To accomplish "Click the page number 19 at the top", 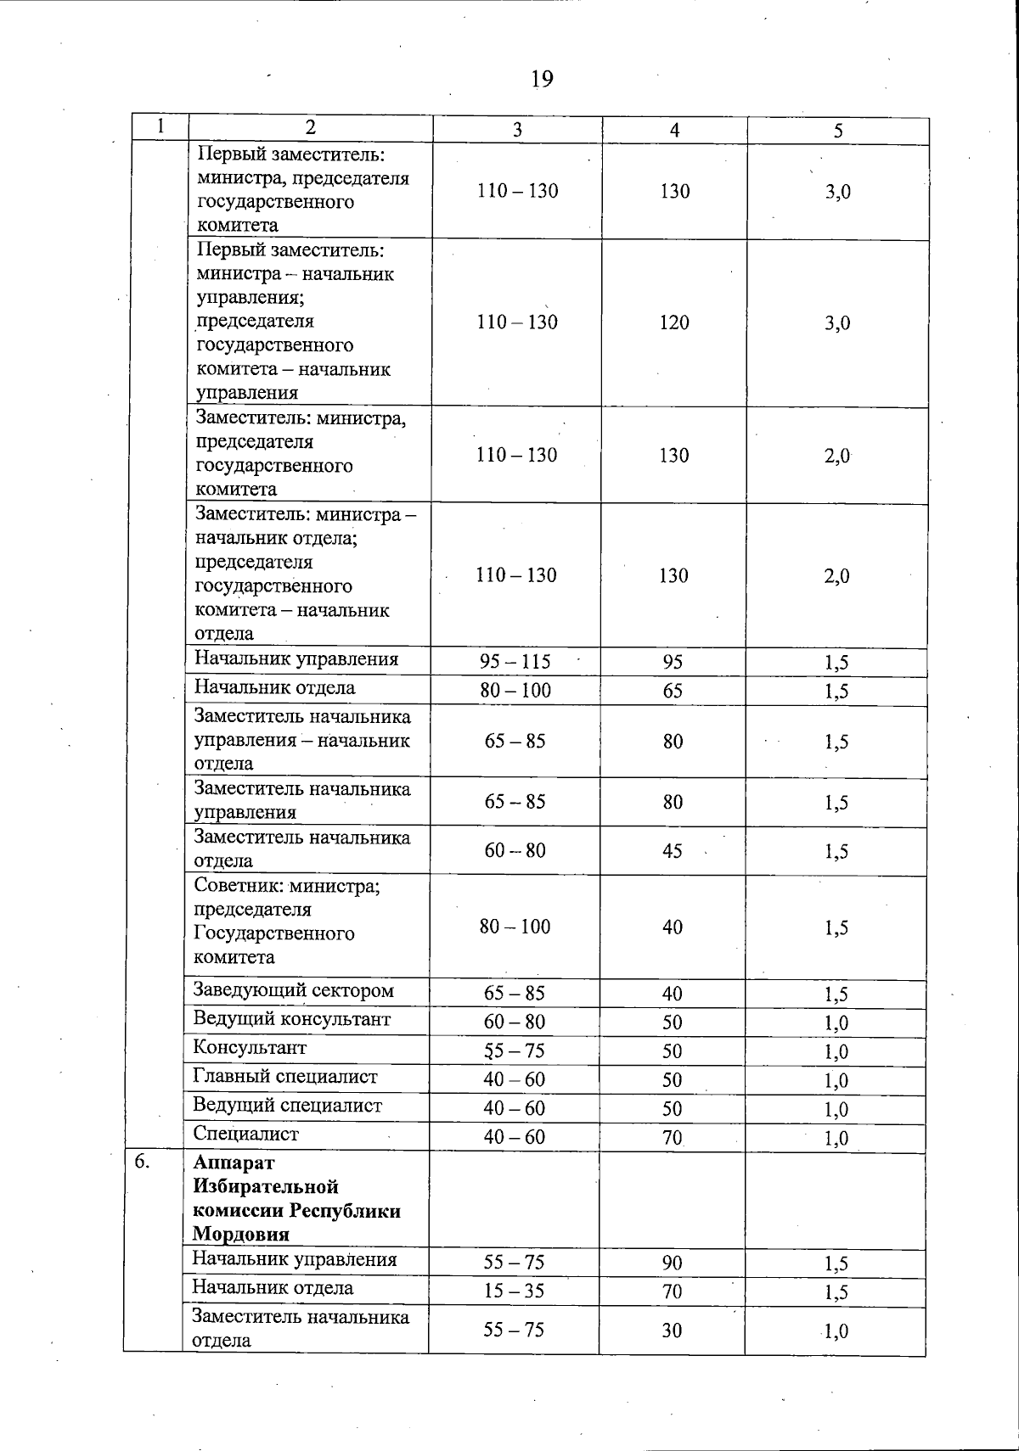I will tap(542, 80).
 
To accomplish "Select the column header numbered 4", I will tap(674, 130).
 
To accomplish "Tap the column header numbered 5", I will tap(838, 131).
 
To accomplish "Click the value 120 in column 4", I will tap(674, 322).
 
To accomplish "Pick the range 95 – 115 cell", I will tap(515, 662).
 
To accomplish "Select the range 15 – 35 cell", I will tap(514, 1291).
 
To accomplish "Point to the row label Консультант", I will tap(250, 1048).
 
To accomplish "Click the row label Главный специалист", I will tap(284, 1077).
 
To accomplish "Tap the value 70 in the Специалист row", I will tap(673, 1137).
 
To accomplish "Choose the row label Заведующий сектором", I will tap(293, 990).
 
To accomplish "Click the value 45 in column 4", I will tap(673, 851).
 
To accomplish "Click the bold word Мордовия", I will tap(240, 1234).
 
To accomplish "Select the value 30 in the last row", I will tap(672, 1331).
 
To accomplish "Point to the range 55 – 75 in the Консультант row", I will tap(514, 1050).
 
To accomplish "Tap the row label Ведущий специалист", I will tap(287, 1106).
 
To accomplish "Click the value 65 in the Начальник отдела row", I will tap(673, 691).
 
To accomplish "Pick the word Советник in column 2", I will tap(238, 887).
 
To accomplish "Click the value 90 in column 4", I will tap(672, 1263).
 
